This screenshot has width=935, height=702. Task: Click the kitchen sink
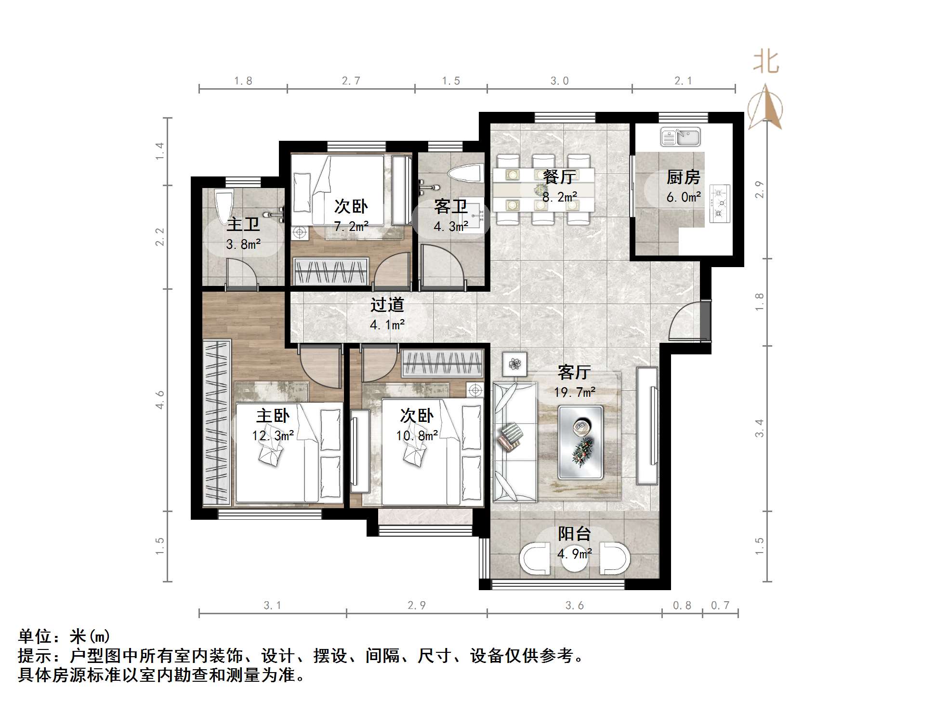pos(680,136)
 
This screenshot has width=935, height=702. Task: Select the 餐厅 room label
pos(559,177)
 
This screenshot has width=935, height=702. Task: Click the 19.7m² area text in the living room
pos(574,392)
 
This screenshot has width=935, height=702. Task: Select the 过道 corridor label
pos(387,305)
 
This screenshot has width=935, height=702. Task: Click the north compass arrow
pos(765,107)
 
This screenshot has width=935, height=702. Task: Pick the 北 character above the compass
pos(766,63)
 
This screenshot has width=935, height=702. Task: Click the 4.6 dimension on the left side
pos(160,400)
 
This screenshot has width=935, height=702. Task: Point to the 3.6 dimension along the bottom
pos(574,606)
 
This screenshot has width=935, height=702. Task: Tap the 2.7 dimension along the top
pos(351,81)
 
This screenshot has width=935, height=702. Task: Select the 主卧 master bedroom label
pos(273,416)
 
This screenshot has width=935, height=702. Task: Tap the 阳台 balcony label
pos(574,534)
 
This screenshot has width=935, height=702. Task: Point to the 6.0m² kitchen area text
pos(683,197)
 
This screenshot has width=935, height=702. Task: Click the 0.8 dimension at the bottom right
pos(682,606)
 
